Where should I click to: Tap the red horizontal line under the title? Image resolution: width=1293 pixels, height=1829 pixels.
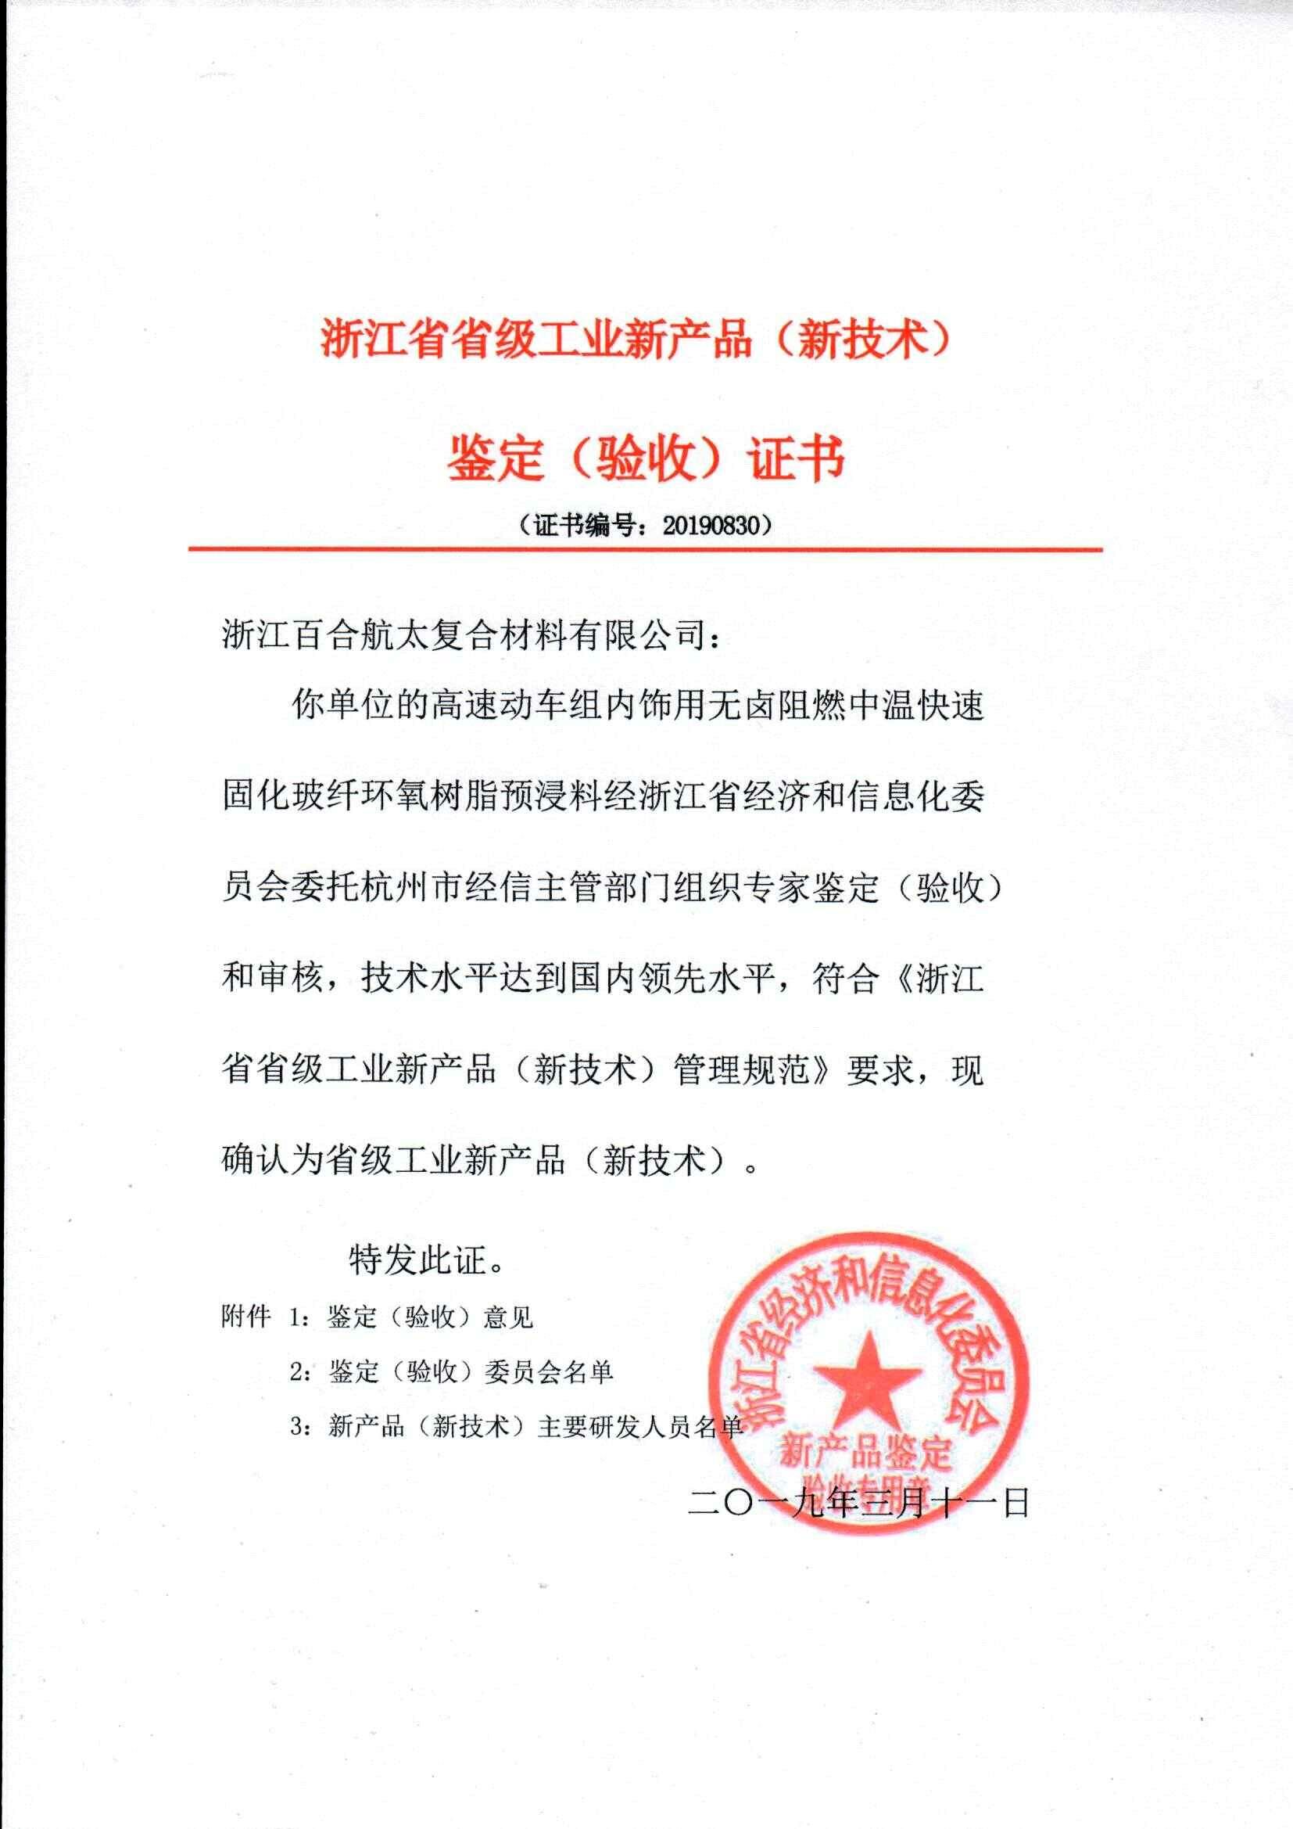[645, 550]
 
